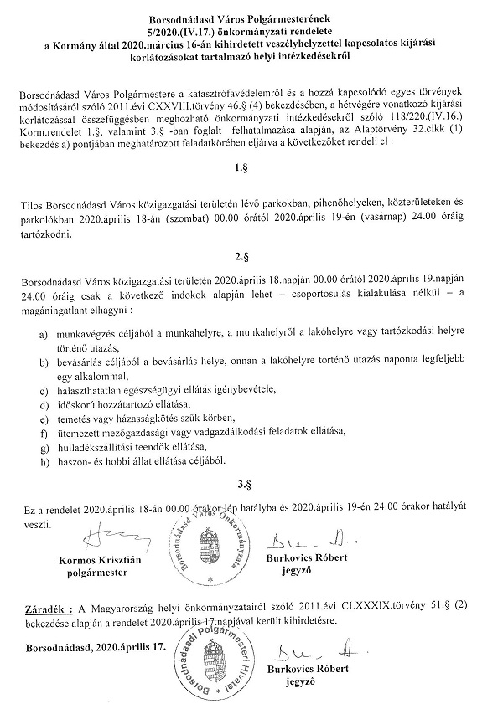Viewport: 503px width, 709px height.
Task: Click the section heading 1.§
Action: pyautogui.click(x=241, y=167)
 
